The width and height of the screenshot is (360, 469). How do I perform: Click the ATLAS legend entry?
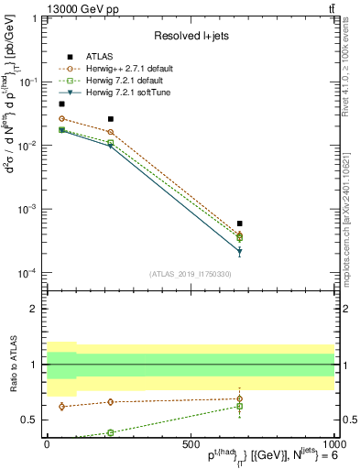98,55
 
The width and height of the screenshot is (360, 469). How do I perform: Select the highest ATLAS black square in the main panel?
61,104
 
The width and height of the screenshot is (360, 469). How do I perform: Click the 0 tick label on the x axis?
47,443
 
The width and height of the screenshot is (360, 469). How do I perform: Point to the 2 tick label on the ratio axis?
34,309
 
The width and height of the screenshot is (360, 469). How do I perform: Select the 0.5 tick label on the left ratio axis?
29,420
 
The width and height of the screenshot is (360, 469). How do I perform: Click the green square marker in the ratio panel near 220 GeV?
111,432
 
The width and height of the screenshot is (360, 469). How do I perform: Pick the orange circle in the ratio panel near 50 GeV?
61,406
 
